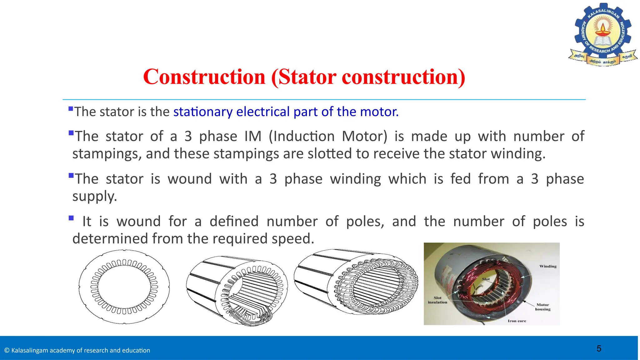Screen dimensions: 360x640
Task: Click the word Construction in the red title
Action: pyautogui.click(x=204, y=77)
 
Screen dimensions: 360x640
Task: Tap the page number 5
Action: pyautogui.click(x=599, y=348)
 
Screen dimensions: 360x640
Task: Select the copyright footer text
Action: pyautogui.click(x=77, y=350)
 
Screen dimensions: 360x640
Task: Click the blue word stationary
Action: pyautogui.click(x=203, y=112)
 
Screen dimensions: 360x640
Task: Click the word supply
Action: pyautogui.click(x=94, y=196)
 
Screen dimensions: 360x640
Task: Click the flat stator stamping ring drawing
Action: pyautogui.click(x=124, y=287)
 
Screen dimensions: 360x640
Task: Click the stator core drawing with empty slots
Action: pyautogui.click(x=237, y=287)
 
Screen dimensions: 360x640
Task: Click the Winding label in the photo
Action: pyautogui.click(x=548, y=266)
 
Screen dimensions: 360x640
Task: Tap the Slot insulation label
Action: pyautogui.click(x=437, y=300)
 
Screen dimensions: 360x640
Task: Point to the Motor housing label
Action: pyautogui.click(x=543, y=307)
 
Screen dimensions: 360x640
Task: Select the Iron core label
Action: pyautogui.click(x=517, y=321)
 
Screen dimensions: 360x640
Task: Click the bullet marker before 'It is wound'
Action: pyautogui.click(x=71, y=218)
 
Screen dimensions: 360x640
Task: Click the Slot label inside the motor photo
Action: pyautogui.click(x=486, y=279)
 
